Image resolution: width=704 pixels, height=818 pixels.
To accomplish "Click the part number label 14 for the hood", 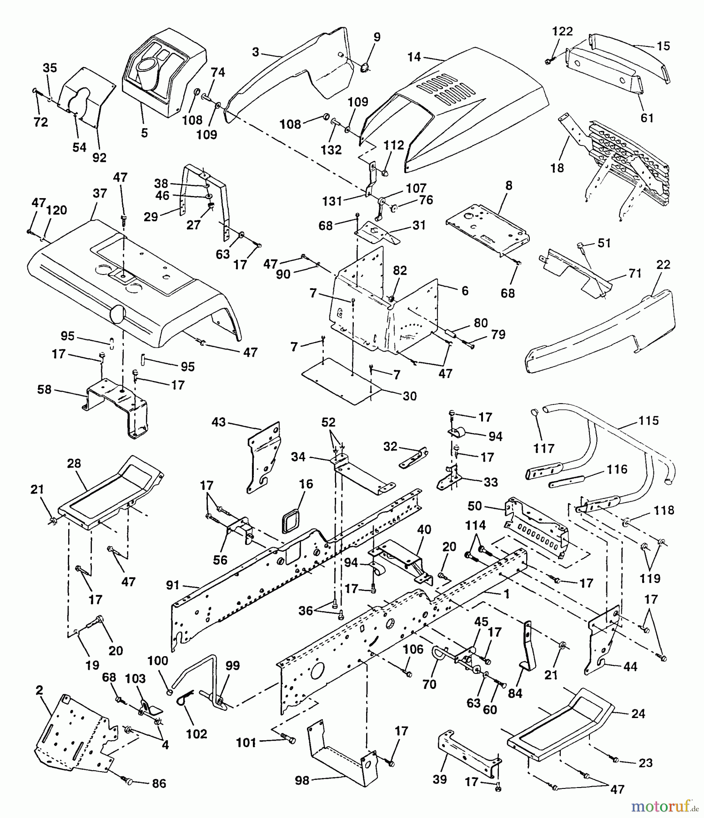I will coord(414,57).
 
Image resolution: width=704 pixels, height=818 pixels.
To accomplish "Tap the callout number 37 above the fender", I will coord(100,193).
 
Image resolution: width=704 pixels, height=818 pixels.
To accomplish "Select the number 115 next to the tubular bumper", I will coord(648,420).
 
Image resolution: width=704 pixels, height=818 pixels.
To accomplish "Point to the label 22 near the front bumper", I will coord(664,264).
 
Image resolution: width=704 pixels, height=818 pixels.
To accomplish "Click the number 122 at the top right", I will coord(563,31).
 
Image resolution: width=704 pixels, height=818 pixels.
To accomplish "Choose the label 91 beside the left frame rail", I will coord(173,586).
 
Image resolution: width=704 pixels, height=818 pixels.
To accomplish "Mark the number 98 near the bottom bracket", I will coord(302,781).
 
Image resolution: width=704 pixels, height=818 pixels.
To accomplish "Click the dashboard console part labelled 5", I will coord(164,68).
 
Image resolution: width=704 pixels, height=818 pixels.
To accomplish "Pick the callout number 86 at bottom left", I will coord(159,783).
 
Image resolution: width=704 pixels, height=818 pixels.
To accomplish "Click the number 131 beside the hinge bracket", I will coord(332,201).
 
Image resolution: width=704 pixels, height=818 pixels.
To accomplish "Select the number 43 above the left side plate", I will coord(218,422).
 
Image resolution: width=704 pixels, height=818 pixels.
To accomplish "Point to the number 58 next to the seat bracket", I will coord(44,389).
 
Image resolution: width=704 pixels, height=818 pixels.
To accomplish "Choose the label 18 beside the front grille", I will coord(557,168).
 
